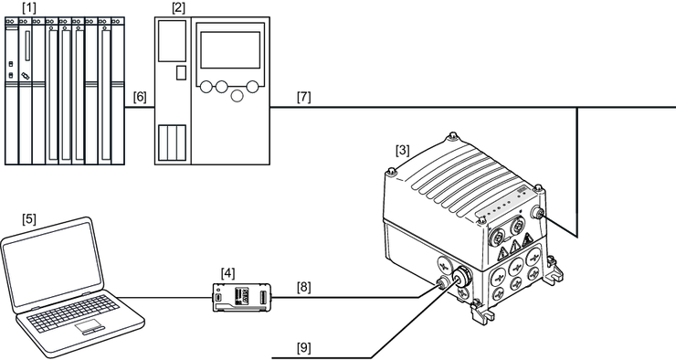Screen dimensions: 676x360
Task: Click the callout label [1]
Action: (29, 7)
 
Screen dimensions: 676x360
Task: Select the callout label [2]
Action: (178, 7)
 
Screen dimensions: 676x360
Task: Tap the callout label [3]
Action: (403, 151)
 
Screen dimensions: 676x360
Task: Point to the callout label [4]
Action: (228, 273)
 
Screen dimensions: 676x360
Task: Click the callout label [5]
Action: (29, 219)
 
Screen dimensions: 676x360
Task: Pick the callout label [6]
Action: (140, 97)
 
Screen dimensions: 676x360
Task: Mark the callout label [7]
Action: (304, 97)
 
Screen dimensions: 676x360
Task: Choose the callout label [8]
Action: (304, 287)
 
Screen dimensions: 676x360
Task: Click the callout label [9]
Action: (304, 347)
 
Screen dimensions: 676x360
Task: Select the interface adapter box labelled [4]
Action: (243, 297)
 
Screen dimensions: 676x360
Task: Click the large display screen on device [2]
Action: (230, 49)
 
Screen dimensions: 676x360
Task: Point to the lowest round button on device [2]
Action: (238, 95)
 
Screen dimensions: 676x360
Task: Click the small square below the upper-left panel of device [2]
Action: (181, 72)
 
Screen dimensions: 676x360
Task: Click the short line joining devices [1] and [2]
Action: (140, 107)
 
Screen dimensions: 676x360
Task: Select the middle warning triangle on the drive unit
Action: (514, 248)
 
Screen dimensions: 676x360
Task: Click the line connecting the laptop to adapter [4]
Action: (165, 298)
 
